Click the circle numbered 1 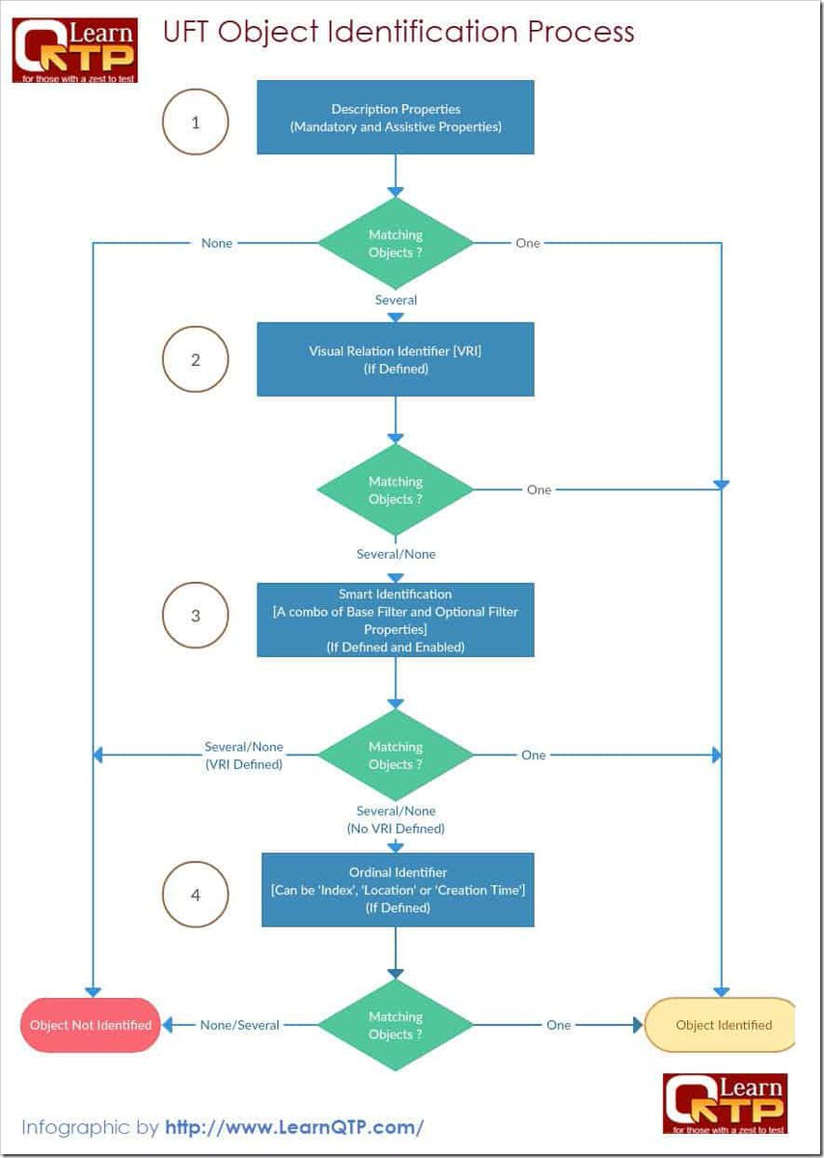click(196, 123)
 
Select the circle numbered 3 click(196, 615)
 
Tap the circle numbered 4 click(196, 895)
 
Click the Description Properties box click(396, 118)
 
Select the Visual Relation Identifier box click(396, 359)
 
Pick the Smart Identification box click(396, 620)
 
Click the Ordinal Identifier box click(398, 890)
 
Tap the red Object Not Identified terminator click(90, 1025)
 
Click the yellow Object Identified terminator click(722, 1025)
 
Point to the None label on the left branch click(217, 243)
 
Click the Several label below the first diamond click(396, 300)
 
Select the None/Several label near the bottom click(239, 1025)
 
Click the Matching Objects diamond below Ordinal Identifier click(396, 1025)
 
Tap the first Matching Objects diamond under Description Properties click(396, 243)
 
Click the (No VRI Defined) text click(396, 828)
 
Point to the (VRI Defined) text click(244, 764)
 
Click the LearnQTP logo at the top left click(74, 49)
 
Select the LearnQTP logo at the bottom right click(725, 1103)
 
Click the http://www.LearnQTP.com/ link click(294, 1126)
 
